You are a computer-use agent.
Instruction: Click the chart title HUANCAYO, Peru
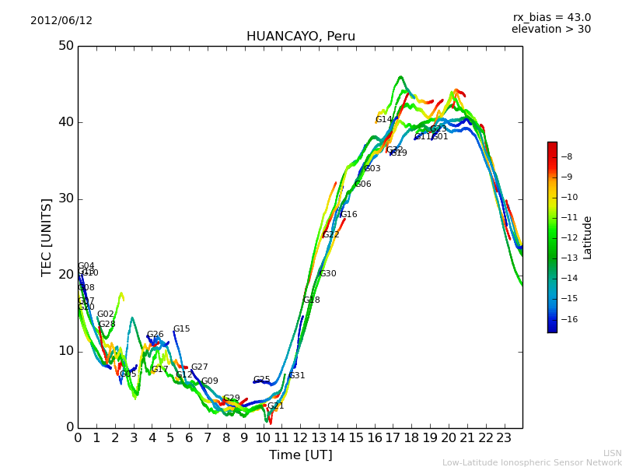301,37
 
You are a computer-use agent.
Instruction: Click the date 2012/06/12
61,21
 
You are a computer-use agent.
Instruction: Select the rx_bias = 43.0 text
551,18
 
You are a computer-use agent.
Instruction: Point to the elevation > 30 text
551,30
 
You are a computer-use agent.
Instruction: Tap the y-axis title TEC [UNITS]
47,237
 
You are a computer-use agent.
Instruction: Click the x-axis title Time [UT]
300,455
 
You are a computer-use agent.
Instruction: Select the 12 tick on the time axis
300,437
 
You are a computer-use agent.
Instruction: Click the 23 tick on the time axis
504,437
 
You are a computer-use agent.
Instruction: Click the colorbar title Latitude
588,237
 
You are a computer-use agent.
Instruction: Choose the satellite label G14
384,120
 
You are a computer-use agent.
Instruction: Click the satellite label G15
181,329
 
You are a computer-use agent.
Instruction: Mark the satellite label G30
328,274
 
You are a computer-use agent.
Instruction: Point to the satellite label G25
261,381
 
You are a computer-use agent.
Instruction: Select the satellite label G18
311,300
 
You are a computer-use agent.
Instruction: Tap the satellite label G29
232,399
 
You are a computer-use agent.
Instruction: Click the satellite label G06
363,184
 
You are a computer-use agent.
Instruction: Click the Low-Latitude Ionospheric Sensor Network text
532,463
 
